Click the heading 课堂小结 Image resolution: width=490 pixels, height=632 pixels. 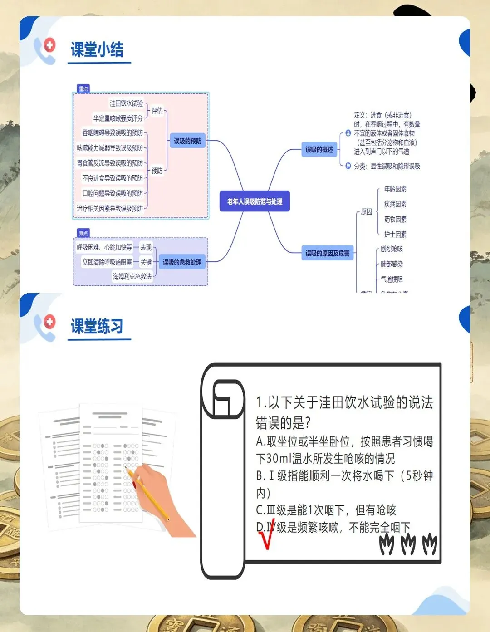(x=97, y=49)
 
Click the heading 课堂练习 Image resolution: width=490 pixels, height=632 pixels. (x=97, y=326)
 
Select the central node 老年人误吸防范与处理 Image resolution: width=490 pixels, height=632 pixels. (x=255, y=201)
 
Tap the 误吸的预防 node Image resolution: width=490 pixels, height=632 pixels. (x=187, y=141)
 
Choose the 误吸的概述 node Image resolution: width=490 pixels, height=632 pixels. (x=319, y=149)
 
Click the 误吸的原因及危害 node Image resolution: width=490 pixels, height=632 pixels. (x=327, y=253)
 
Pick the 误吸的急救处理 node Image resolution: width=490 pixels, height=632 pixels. (x=182, y=262)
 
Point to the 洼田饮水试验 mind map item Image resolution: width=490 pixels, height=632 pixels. (x=126, y=103)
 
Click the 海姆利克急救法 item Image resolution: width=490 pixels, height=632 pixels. (x=132, y=276)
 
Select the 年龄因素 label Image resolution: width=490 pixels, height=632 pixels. (x=395, y=189)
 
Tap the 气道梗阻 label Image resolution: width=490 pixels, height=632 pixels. (x=392, y=279)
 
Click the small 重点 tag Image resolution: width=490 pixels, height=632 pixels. (x=83, y=89)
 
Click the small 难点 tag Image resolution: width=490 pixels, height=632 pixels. (x=83, y=233)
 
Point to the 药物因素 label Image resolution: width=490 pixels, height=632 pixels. (x=395, y=219)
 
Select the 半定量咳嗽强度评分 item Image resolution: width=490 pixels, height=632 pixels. (x=118, y=118)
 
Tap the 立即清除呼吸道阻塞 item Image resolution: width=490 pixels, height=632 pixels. (x=107, y=262)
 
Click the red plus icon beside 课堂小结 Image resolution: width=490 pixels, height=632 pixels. (x=49, y=45)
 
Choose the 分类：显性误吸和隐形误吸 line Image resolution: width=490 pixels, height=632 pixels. (x=387, y=166)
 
